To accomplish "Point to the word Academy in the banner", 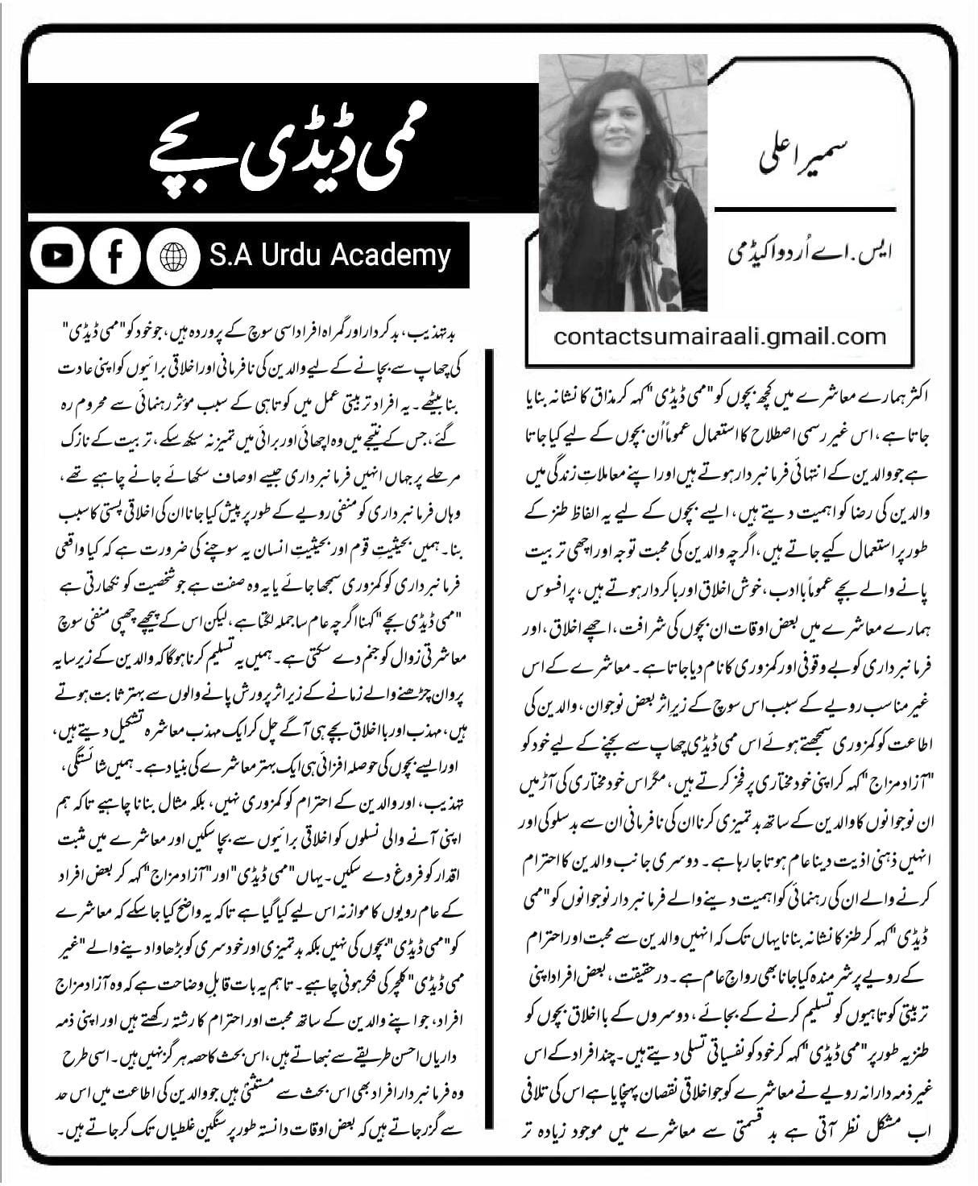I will (x=398, y=257).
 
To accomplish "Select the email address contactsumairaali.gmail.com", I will (x=719, y=336).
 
